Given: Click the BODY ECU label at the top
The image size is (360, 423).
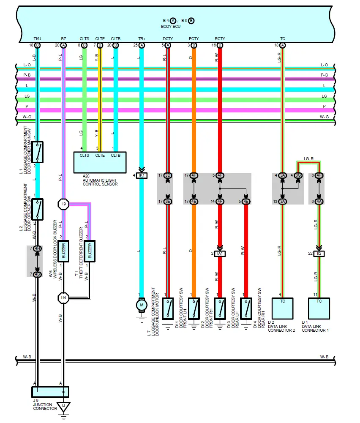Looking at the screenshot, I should point(177,27).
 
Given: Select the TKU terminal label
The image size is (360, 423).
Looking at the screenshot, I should point(37,39).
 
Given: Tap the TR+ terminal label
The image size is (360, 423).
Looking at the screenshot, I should point(142,39).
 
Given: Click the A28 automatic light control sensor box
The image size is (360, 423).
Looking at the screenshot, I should point(100,162).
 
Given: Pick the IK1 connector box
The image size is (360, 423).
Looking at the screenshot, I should point(142,175).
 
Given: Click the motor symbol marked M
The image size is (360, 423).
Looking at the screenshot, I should point(142,305).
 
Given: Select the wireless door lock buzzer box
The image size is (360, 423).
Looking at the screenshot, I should point(63,251).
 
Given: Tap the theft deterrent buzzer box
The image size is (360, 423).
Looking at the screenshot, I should point(90,251).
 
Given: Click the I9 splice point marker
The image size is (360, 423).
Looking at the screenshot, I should point(63,205).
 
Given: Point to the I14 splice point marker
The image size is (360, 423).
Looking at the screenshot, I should point(63,298).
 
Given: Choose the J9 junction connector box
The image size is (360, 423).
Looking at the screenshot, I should point(50,392).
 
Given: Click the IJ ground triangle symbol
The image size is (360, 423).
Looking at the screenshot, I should point(63,407).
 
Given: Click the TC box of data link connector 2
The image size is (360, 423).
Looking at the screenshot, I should point(283,308).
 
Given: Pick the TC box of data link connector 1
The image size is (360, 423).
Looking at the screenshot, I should point(319,308).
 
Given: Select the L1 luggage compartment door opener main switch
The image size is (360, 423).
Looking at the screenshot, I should point(38,152).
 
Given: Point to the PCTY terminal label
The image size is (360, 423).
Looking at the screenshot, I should point(194,39).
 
